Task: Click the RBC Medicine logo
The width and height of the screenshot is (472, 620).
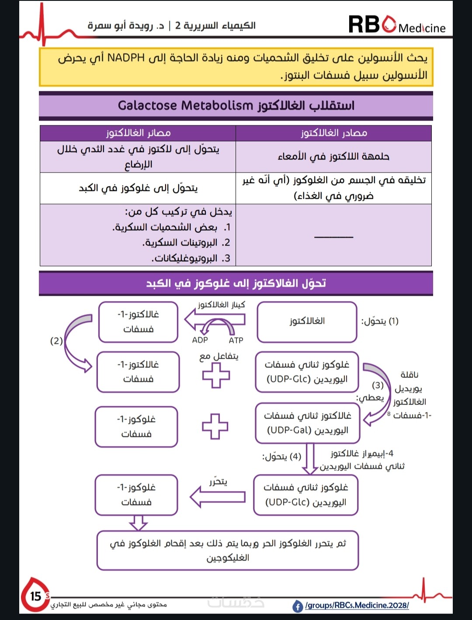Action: click(x=396, y=24)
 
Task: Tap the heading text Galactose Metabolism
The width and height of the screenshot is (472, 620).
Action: click(x=185, y=106)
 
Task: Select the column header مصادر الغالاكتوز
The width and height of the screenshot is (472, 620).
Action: click(x=334, y=133)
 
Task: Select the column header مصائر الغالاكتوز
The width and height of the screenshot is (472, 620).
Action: click(x=138, y=133)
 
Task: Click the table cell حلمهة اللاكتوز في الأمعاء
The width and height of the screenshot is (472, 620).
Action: click(x=333, y=156)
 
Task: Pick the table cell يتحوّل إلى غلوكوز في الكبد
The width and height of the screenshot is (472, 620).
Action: click(x=138, y=188)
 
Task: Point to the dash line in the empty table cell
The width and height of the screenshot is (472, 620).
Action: click(x=333, y=237)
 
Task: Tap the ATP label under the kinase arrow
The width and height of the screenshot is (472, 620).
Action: click(x=236, y=340)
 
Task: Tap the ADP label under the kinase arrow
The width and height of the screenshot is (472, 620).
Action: click(x=200, y=340)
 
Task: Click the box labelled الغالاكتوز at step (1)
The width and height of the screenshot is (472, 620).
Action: click(x=307, y=322)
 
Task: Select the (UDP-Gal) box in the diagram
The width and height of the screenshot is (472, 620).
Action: click(x=307, y=423)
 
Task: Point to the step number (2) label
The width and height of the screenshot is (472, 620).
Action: click(x=56, y=341)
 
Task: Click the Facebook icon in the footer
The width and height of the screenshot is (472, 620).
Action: click(x=298, y=606)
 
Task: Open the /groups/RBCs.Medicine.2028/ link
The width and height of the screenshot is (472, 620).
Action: click(x=357, y=606)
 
